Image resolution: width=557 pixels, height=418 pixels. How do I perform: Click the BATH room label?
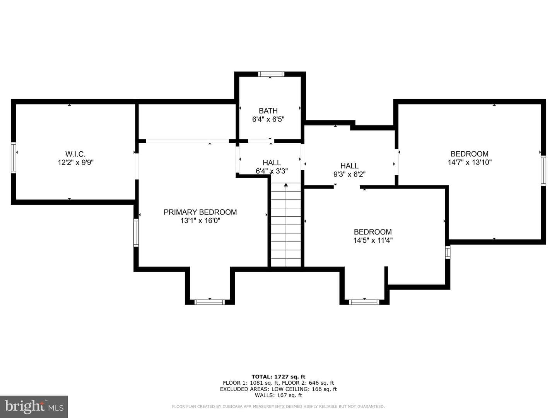(x=268, y=111)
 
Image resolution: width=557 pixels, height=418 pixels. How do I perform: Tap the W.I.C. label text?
(x=75, y=154)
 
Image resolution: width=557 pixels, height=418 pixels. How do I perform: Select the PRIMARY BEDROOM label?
(x=200, y=212)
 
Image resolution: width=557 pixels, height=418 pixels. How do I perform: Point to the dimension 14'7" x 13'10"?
(x=470, y=162)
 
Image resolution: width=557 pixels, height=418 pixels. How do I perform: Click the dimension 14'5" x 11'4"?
(x=373, y=240)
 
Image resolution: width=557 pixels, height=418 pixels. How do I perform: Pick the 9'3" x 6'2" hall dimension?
(x=349, y=174)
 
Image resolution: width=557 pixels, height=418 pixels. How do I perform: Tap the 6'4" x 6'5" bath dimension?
(x=268, y=119)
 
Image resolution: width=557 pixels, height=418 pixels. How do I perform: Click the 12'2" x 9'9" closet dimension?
(x=75, y=162)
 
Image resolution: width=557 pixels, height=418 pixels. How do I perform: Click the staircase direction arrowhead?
(x=286, y=185)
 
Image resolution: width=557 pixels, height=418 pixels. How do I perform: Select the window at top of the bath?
(x=271, y=74)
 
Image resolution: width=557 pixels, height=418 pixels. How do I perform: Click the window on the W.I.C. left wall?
(x=14, y=158)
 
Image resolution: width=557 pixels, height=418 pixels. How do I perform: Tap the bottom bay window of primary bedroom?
(x=210, y=302)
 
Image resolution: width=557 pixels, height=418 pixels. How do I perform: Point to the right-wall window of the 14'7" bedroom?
(x=543, y=170)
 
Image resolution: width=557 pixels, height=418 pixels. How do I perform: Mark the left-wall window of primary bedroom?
(x=136, y=233)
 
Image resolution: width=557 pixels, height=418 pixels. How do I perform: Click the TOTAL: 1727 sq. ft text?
(x=278, y=377)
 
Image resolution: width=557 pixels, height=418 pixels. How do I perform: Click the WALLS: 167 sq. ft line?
(x=278, y=395)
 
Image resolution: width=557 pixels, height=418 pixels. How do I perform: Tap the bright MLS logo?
(x=34, y=407)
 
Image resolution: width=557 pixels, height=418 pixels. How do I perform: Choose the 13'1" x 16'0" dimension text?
(x=200, y=221)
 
